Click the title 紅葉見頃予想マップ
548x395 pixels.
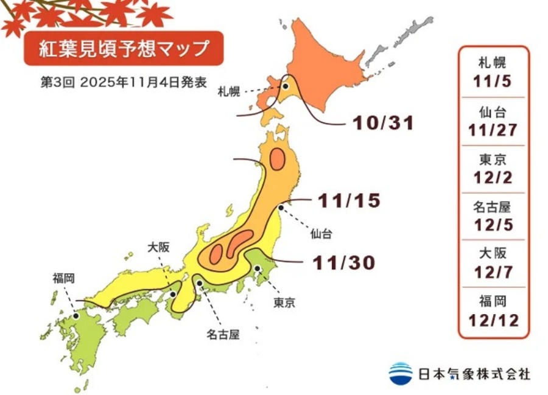[124, 48]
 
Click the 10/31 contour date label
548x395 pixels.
[384, 124]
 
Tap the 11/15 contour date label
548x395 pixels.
[350, 200]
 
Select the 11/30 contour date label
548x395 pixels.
[343, 262]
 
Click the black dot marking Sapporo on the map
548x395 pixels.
[285, 86]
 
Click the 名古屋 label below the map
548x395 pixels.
[222, 334]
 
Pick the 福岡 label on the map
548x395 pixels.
[63, 278]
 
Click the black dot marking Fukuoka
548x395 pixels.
[76, 316]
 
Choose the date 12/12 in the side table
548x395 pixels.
[494, 320]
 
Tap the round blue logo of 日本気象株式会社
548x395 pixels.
[401, 373]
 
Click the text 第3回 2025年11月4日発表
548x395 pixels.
[124, 82]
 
